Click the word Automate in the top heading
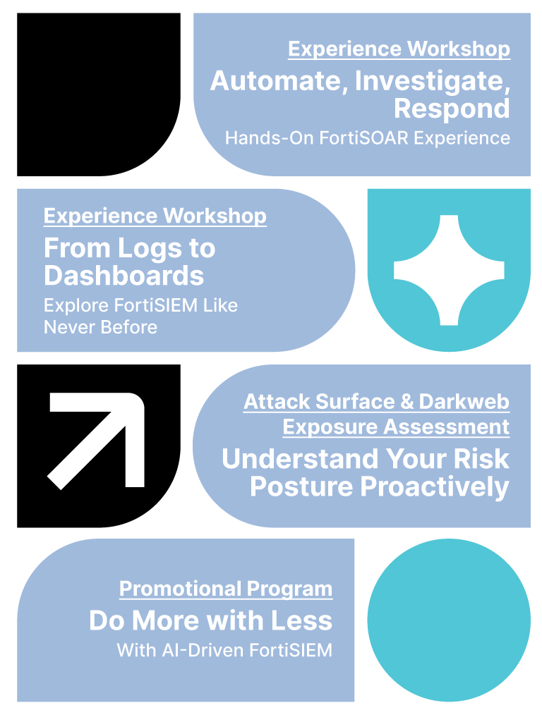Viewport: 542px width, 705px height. [279, 81]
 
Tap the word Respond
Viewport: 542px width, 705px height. [452, 109]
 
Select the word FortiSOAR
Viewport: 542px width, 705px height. [363, 138]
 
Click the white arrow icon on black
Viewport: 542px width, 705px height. [96, 441]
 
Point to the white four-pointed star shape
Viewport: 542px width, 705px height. [449, 270]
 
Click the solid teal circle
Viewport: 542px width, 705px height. [449, 620]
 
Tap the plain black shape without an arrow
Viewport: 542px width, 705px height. [99, 94]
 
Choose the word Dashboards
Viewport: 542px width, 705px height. [124, 276]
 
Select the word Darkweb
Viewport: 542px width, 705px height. [464, 402]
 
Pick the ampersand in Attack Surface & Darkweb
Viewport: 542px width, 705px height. [406, 402]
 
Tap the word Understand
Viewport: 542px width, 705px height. [300, 459]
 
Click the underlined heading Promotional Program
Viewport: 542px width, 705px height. [226, 589]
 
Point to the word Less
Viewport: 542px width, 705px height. [301, 621]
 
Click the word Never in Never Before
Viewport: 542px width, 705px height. [69, 327]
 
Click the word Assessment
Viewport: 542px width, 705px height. [447, 427]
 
